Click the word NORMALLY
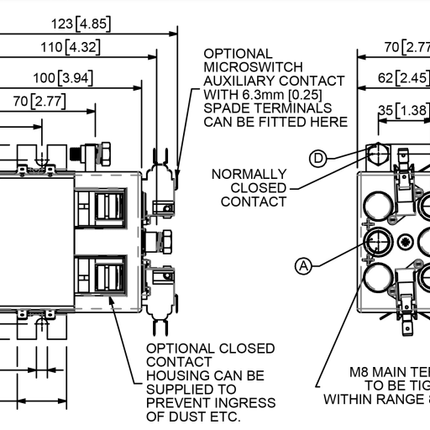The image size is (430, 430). click(x=249, y=172)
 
